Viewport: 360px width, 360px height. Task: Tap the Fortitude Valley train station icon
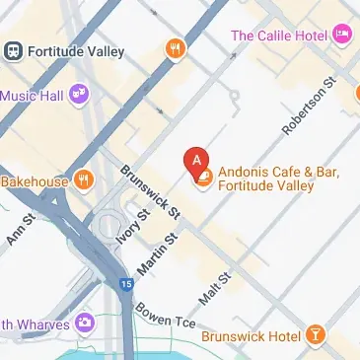coord(15,48)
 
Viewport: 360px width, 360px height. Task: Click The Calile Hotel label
coord(278,36)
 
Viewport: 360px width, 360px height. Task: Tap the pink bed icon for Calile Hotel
coord(342,36)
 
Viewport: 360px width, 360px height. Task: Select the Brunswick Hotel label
coord(251,336)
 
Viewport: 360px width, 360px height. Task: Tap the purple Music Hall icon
coord(79,96)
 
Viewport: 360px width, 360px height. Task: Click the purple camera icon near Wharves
coord(85,323)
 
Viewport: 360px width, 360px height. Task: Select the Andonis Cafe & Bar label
coord(278,179)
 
